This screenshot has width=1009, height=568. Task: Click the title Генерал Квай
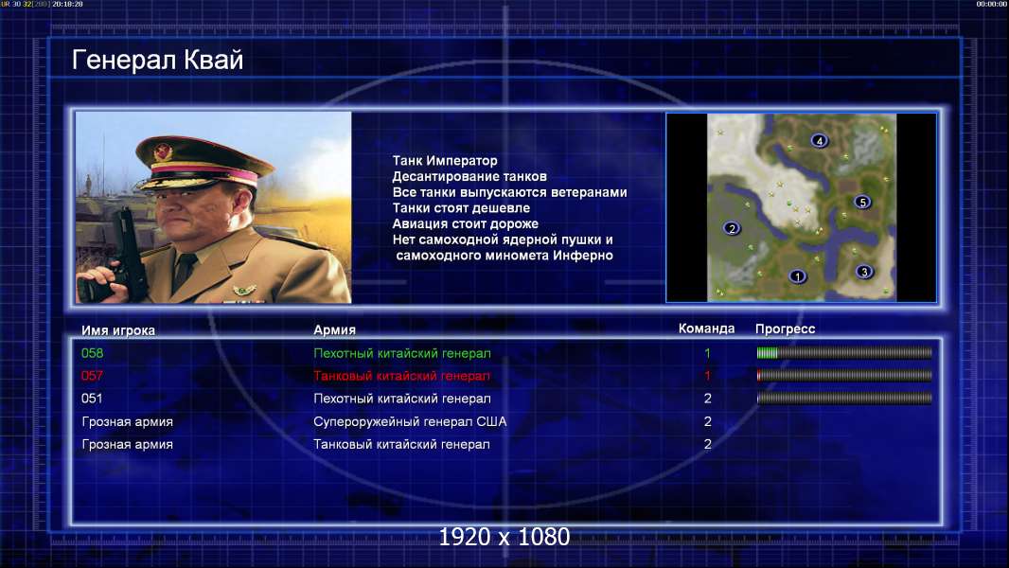(x=158, y=61)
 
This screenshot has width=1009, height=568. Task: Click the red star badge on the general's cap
(x=163, y=151)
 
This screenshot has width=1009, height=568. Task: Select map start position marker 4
(x=819, y=140)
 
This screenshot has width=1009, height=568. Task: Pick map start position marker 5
(x=862, y=202)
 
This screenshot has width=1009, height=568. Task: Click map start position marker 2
(x=731, y=228)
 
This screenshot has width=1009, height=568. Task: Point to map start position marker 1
(x=797, y=276)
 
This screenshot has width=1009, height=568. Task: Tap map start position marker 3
(x=863, y=272)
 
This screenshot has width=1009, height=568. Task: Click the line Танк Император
(x=445, y=161)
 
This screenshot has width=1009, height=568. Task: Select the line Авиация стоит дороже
(x=466, y=223)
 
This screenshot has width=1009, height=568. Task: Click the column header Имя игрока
(x=117, y=330)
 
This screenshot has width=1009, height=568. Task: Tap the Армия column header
(x=335, y=330)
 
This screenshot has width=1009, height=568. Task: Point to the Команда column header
(x=706, y=328)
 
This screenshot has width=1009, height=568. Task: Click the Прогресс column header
(x=785, y=329)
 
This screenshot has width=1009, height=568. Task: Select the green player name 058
(x=92, y=353)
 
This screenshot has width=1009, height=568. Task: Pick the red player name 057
(x=92, y=376)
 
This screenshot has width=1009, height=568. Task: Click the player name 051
(x=92, y=399)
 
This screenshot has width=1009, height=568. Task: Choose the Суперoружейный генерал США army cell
(x=410, y=422)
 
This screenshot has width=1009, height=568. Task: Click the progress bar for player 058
(x=844, y=352)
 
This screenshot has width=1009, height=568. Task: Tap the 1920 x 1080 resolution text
(x=504, y=537)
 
